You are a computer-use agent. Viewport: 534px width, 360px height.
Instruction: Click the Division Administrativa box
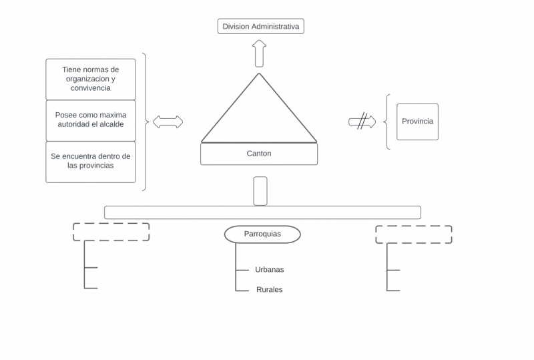point(260,27)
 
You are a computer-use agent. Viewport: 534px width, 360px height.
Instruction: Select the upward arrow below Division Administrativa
point(260,53)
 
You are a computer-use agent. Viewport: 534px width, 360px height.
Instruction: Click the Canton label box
point(259,154)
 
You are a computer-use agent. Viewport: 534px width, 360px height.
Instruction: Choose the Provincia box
point(417,122)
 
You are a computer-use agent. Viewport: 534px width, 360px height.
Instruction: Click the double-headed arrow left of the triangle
point(168,122)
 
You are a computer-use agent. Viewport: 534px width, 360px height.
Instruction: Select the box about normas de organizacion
point(91,79)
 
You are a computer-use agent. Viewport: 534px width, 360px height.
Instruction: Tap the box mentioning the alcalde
point(91,120)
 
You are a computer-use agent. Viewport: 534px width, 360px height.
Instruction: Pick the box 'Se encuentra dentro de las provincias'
point(91,161)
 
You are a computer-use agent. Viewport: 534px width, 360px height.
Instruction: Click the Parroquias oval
point(262,234)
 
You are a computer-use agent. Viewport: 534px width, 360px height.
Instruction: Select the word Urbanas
point(269,270)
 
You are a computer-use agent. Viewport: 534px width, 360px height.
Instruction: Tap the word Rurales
point(269,290)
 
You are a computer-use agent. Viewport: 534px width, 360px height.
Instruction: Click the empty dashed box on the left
point(111,231)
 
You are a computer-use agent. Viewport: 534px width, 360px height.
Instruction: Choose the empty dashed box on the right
point(413,234)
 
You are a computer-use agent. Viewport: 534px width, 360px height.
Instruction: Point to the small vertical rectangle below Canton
point(260,190)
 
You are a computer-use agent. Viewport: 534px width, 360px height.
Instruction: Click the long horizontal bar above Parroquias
point(262,212)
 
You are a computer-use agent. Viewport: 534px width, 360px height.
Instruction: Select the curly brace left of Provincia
point(387,122)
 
